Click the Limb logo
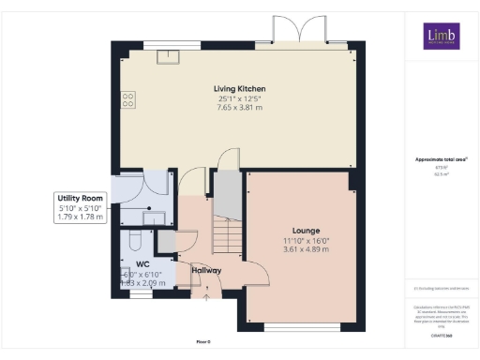pyautogui.click(x=440, y=37)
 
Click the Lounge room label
pyautogui.click(x=306, y=230)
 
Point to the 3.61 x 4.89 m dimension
pyautogui.click(x=306, y=249)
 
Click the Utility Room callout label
pyautogui.click(x=80, y=199)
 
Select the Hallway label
pyautogui.click(x=205, y=271)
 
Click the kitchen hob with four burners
pyautogui.click(x=127, y=97)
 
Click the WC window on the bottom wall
pyautogui.click(x=140, y=293)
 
